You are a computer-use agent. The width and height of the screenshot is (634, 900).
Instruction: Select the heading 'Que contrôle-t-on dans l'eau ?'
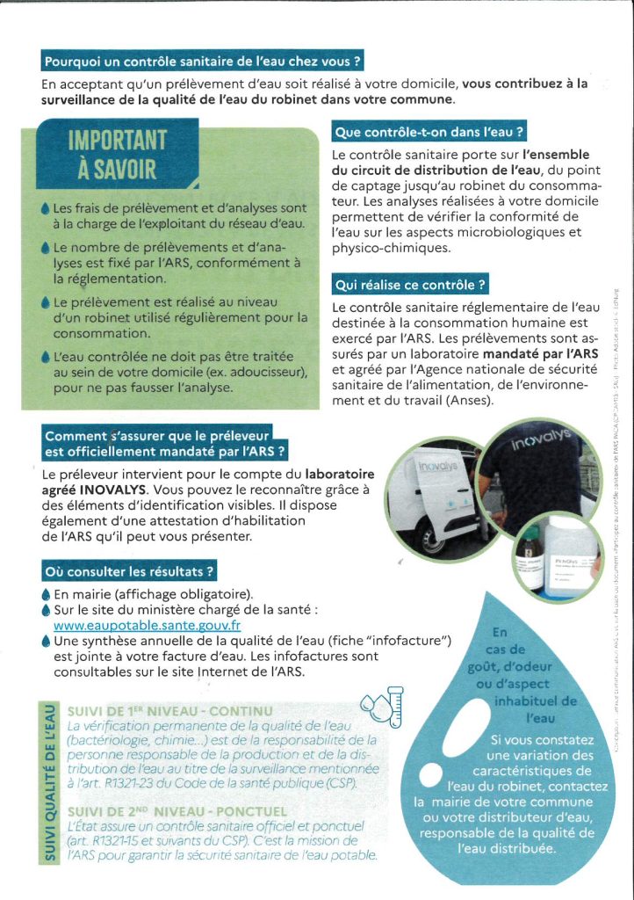point(429,134)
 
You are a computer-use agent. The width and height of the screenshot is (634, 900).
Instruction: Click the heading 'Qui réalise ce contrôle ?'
point(410,285)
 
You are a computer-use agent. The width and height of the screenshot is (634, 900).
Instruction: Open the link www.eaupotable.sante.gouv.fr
point(147,626)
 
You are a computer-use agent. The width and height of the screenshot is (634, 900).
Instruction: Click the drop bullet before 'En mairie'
point(46,594)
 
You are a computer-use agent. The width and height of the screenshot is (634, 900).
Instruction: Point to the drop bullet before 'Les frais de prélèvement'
point(46,209)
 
